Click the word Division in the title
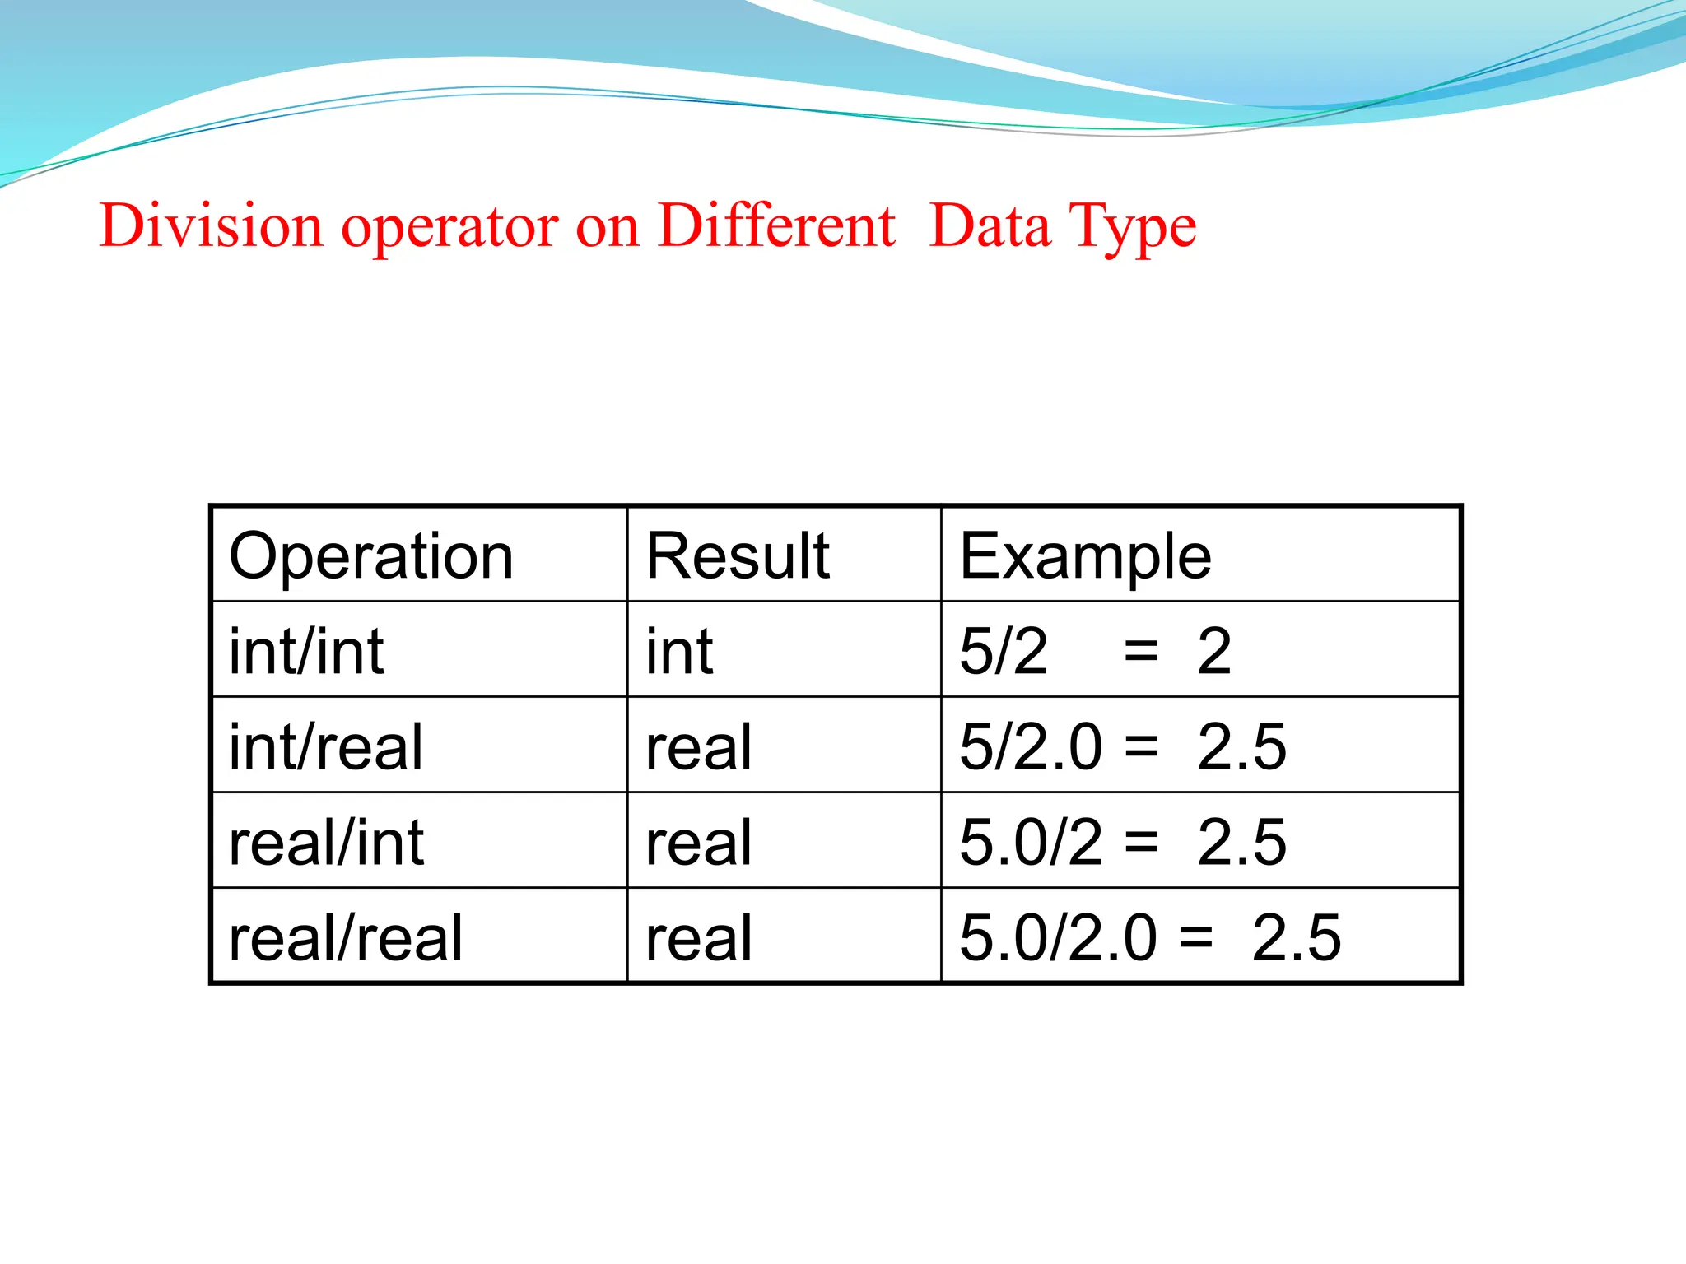[x=211, y=225]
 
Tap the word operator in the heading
[x=449, y=227]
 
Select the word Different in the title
[x=776, y=225]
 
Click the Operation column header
[x=371, y=557]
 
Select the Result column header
[x=738, y=557]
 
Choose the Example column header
[x=1085, y=557]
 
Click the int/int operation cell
[x=306, y=652]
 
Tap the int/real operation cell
[x=326, y=747]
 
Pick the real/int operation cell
[x=326, y=843]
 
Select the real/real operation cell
[x=346, y=938]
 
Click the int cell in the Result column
[x=679, y=652]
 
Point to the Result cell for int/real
[x=699, y=747]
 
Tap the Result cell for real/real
[x=699, y=938]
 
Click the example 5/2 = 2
[x=1095, y=652]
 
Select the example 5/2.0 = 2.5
[x=1122, y=747]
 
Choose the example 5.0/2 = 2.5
[x=1122, y=843]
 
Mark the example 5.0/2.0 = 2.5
[x=1150, y=938]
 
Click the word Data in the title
[x=990, y=225]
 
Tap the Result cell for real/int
[x=699, y=843]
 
